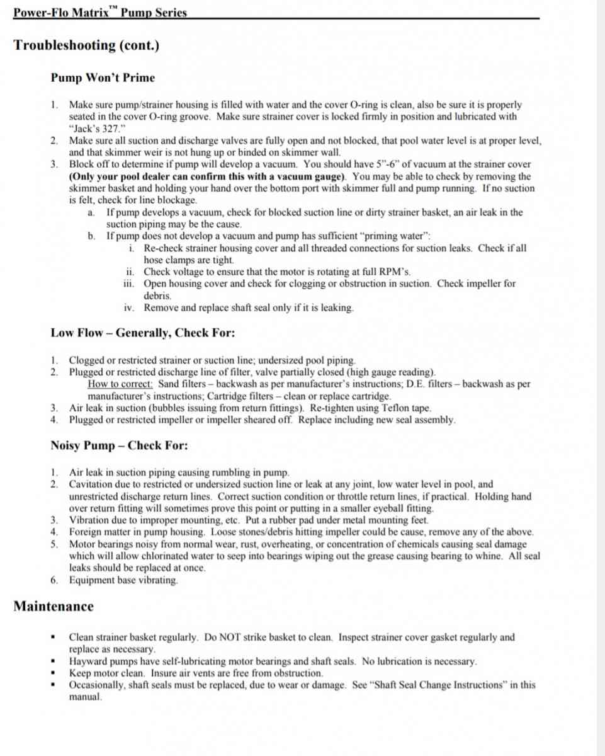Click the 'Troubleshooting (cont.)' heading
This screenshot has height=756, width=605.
point(86,46)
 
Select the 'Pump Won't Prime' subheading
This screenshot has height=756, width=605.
point(103,78)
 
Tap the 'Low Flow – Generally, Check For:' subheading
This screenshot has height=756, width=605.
point(143,333)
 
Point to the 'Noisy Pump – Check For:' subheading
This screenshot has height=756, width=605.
point(119,446)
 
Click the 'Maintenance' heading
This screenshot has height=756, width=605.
point(54,607)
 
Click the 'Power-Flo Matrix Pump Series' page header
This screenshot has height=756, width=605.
point(100,12)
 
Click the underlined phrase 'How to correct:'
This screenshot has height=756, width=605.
point(120,384)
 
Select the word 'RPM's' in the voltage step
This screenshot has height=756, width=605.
point(395,272)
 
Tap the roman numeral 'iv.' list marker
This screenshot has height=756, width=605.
point(130,308)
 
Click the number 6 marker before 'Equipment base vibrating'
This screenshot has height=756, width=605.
point(54,580)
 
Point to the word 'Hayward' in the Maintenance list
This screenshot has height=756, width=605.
point(88,661)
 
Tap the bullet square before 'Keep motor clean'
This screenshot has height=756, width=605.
point(54,673)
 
